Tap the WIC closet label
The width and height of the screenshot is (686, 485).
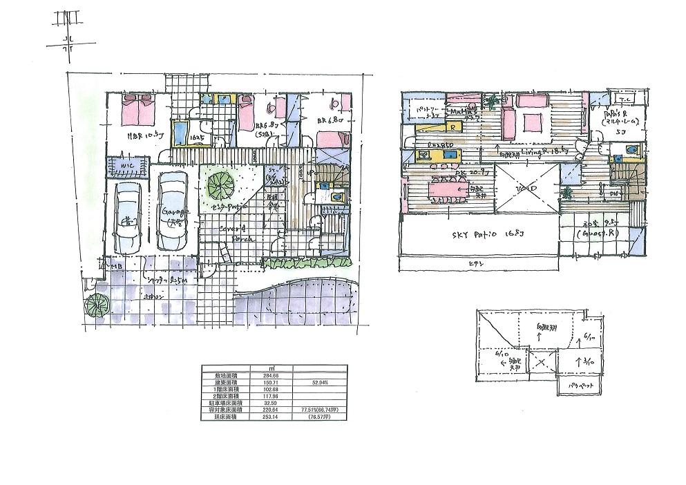[x=127, y=166]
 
